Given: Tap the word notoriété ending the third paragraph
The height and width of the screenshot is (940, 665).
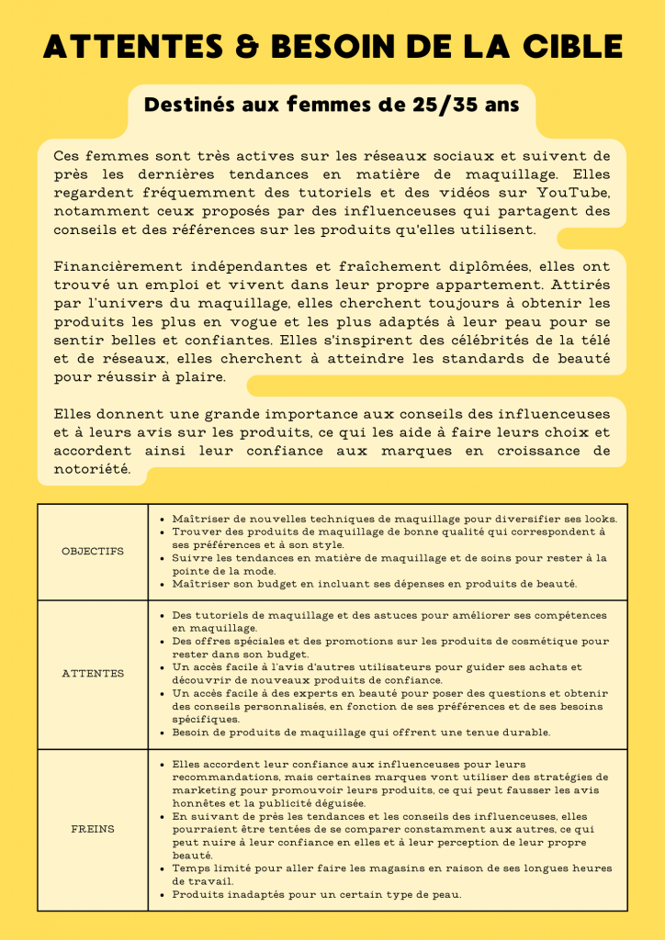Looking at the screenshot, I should tap(91, 469).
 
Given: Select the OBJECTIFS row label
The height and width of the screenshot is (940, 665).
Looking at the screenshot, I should tap(92, 552).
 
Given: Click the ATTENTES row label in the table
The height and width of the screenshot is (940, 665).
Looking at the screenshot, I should tap(92, 674).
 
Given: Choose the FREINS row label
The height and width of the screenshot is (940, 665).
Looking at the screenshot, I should tap(92, 829).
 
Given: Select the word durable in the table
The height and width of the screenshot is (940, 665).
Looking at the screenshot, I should tap(527, 733).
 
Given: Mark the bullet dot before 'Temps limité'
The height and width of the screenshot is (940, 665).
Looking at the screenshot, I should tap(163, 868).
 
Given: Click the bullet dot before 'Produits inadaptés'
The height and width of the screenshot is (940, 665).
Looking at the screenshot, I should tap(163, 894).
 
